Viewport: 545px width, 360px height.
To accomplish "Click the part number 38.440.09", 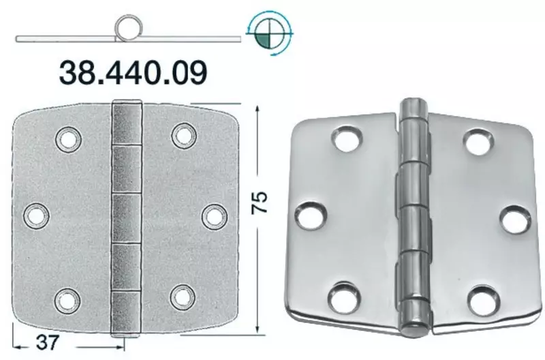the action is pyautogui.click(x=133, y=72).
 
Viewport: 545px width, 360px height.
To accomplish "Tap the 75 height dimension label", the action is pyautogui.click(x=260, y=202).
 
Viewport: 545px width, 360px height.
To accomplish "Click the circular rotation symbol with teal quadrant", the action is pyautogui.click(x=270, y=34).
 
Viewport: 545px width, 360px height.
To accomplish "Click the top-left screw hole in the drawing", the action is pyautogui.click(x=69, y=140).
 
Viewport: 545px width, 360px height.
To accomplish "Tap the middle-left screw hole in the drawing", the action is pyautogui.click(x=36, y=216).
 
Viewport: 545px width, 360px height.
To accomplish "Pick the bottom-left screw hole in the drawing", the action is pyautogui.click(x=67, y=300).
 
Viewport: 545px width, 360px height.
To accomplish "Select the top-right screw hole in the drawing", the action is pyautogui.click(x=184, y=135).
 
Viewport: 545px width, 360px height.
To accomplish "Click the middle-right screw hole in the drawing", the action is pyautogui.click(x=215, y=217).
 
